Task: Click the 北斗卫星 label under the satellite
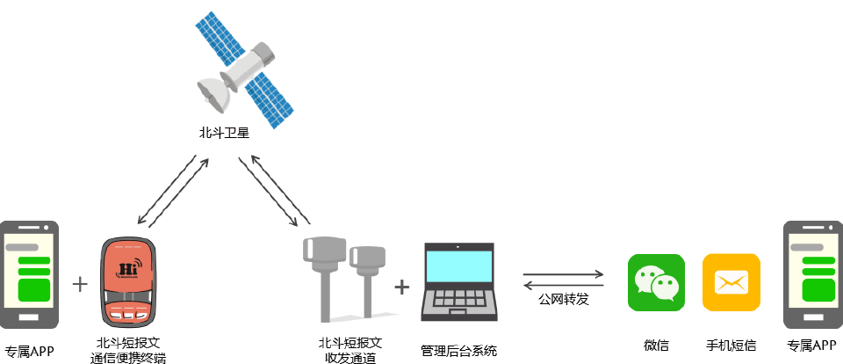click(224, 133)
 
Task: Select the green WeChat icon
click(656, 283)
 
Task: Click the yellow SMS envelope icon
click(731, 283)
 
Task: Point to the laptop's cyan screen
click(458, 267)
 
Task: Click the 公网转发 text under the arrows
click(564, 300)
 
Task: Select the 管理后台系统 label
click(458, 351)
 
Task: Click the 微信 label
click(656, 346)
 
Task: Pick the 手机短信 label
click(731, 346)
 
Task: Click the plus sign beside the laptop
click(401, 287)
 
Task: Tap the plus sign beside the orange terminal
click(80, 284)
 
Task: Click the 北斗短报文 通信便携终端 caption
click(128, 351)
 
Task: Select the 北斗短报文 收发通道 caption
click(350, 351)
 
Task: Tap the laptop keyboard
click(458, 298)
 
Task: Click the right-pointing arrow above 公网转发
click(564, 274)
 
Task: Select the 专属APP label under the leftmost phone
click(30, 352)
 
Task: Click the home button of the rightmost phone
click(811, 317)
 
